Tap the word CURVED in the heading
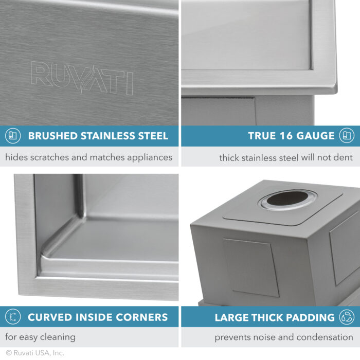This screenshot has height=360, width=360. [48, 317]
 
